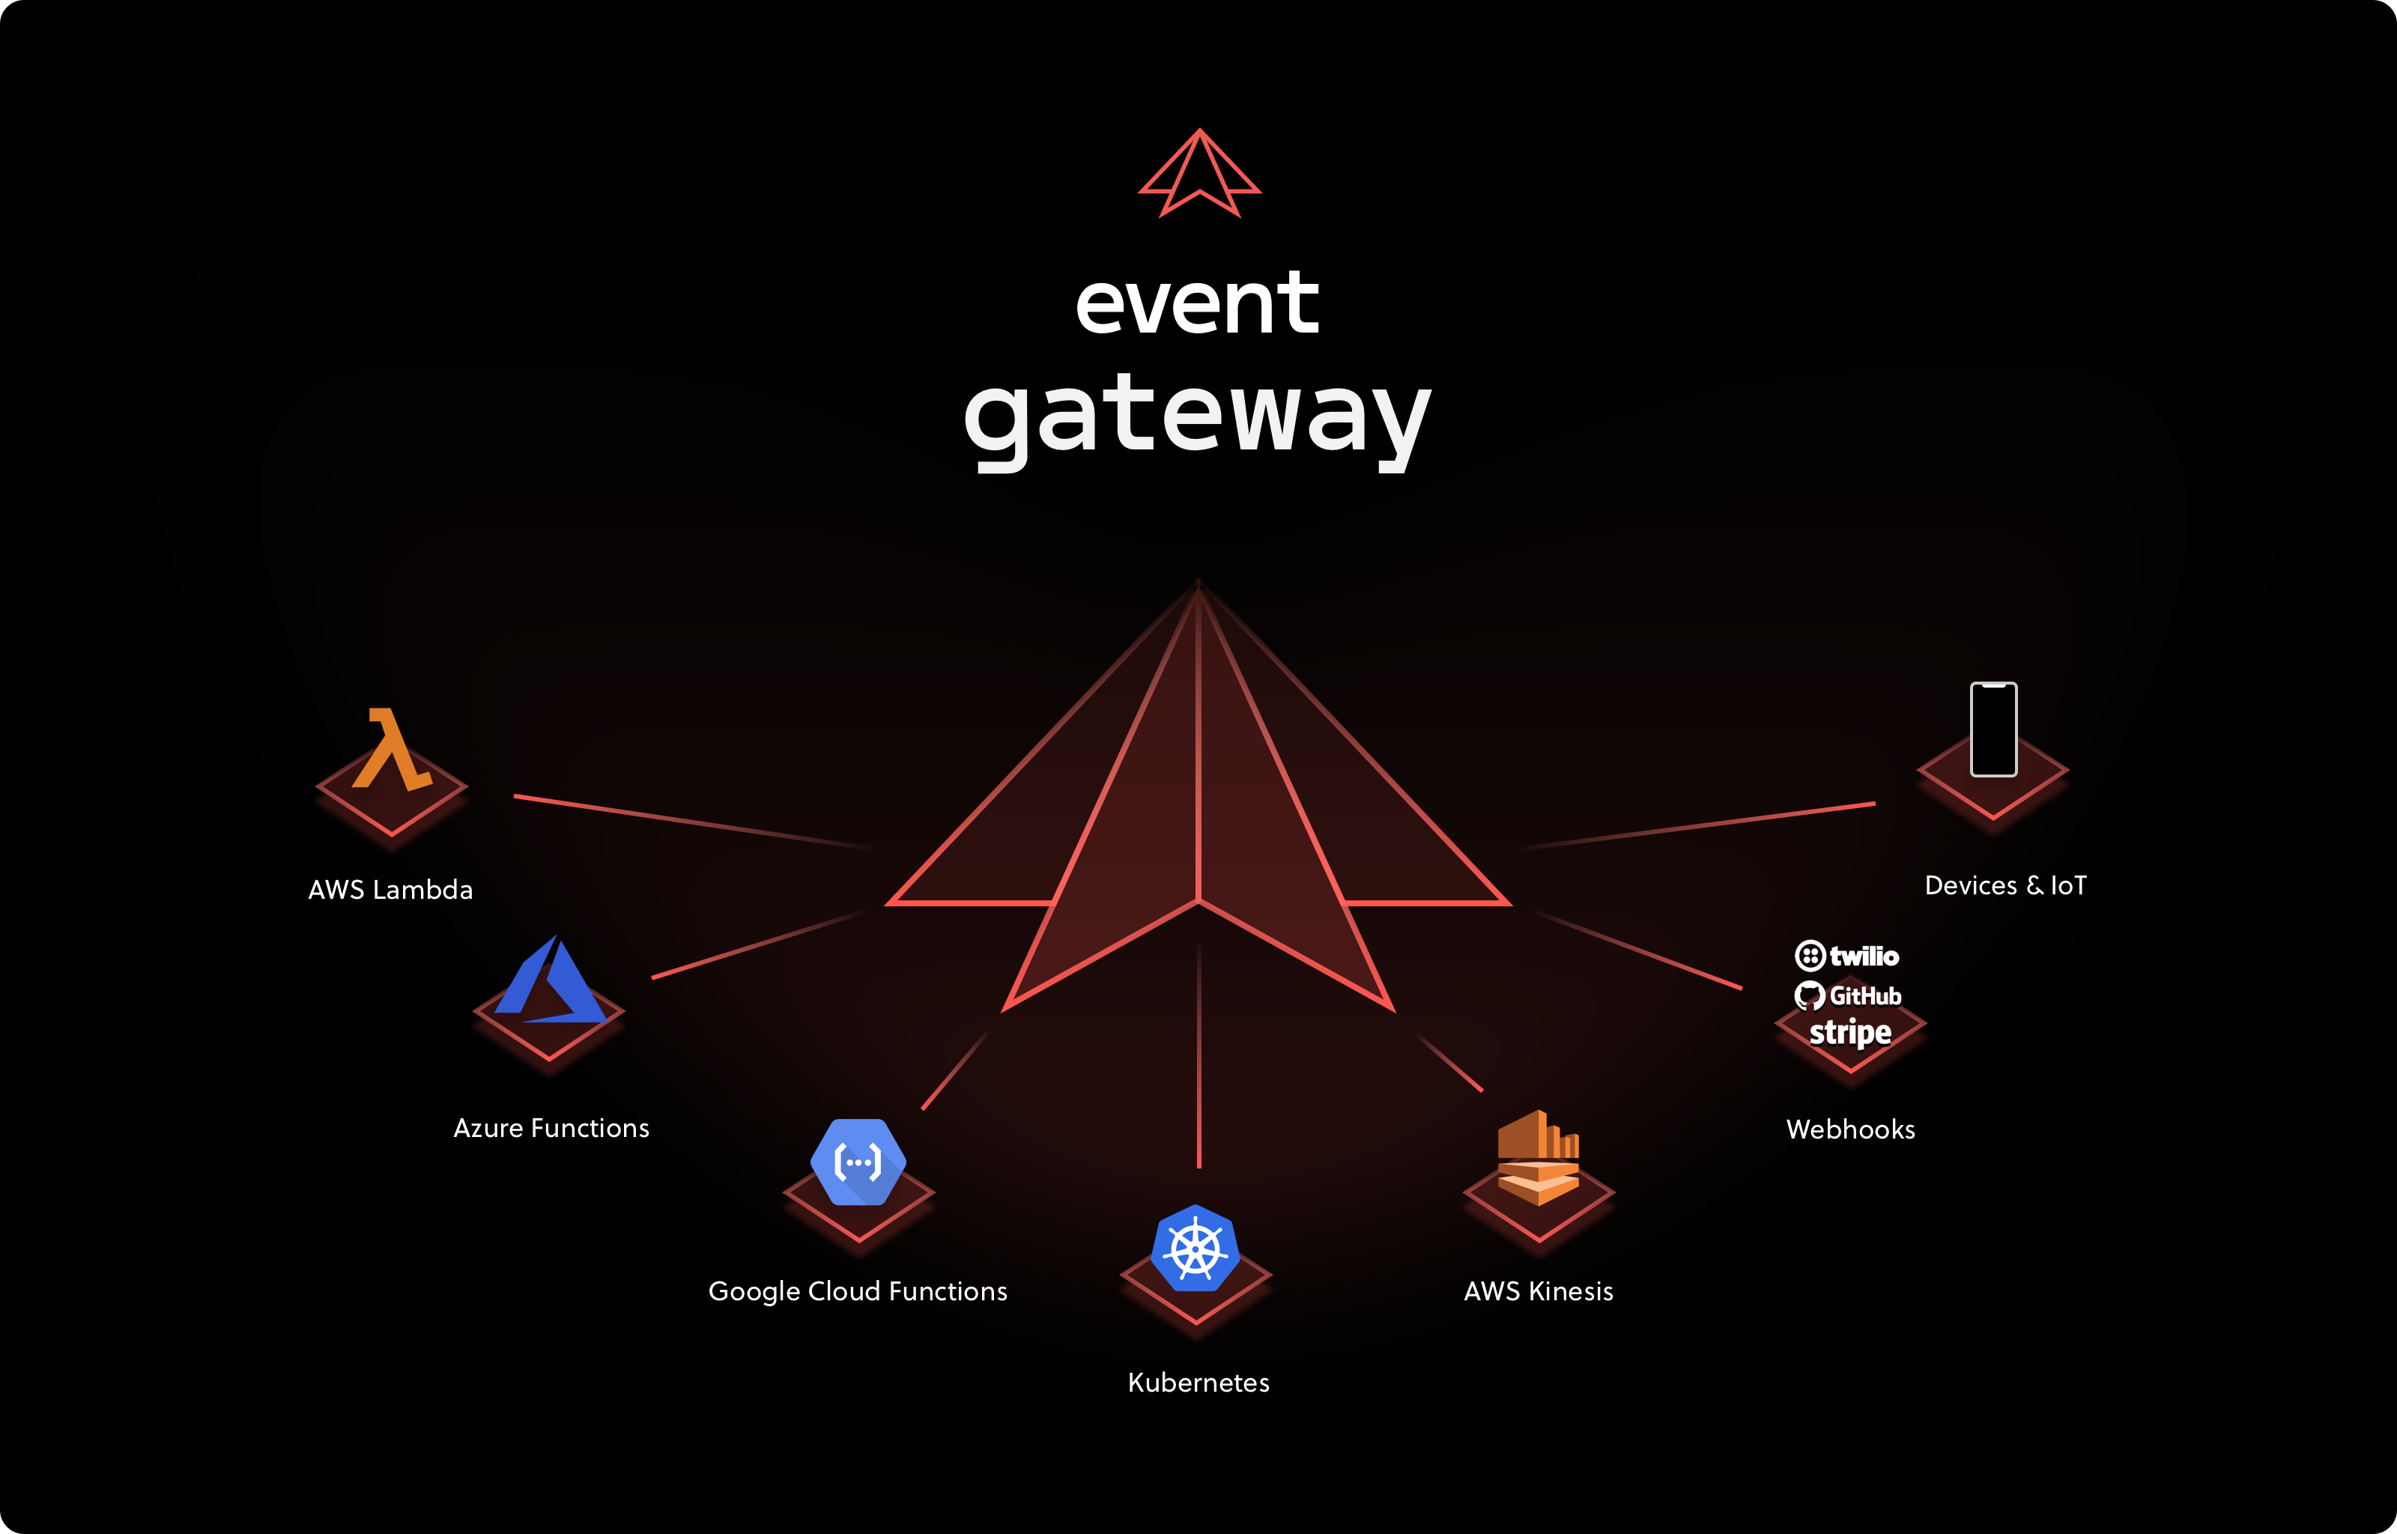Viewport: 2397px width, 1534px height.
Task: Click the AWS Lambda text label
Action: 390,890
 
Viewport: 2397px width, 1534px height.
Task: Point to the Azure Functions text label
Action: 551,1127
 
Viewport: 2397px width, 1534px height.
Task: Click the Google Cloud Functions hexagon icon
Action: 858,1162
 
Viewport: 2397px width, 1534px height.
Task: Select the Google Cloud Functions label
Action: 858,1291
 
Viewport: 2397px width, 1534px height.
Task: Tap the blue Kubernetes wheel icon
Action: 1195,1248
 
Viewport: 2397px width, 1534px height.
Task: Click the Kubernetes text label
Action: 1198,1383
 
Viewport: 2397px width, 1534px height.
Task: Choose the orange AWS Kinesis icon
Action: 1539,1157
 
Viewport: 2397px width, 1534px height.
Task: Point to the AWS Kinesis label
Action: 1538,1291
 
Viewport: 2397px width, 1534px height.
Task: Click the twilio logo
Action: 1847,957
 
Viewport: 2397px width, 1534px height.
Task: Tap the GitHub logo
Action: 1848,996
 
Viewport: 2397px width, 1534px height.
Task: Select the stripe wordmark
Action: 1850,1033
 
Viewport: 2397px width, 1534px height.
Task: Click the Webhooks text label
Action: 1850,1130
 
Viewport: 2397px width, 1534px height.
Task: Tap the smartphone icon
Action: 1994,729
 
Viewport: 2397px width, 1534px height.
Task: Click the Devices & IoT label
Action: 2004,885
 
